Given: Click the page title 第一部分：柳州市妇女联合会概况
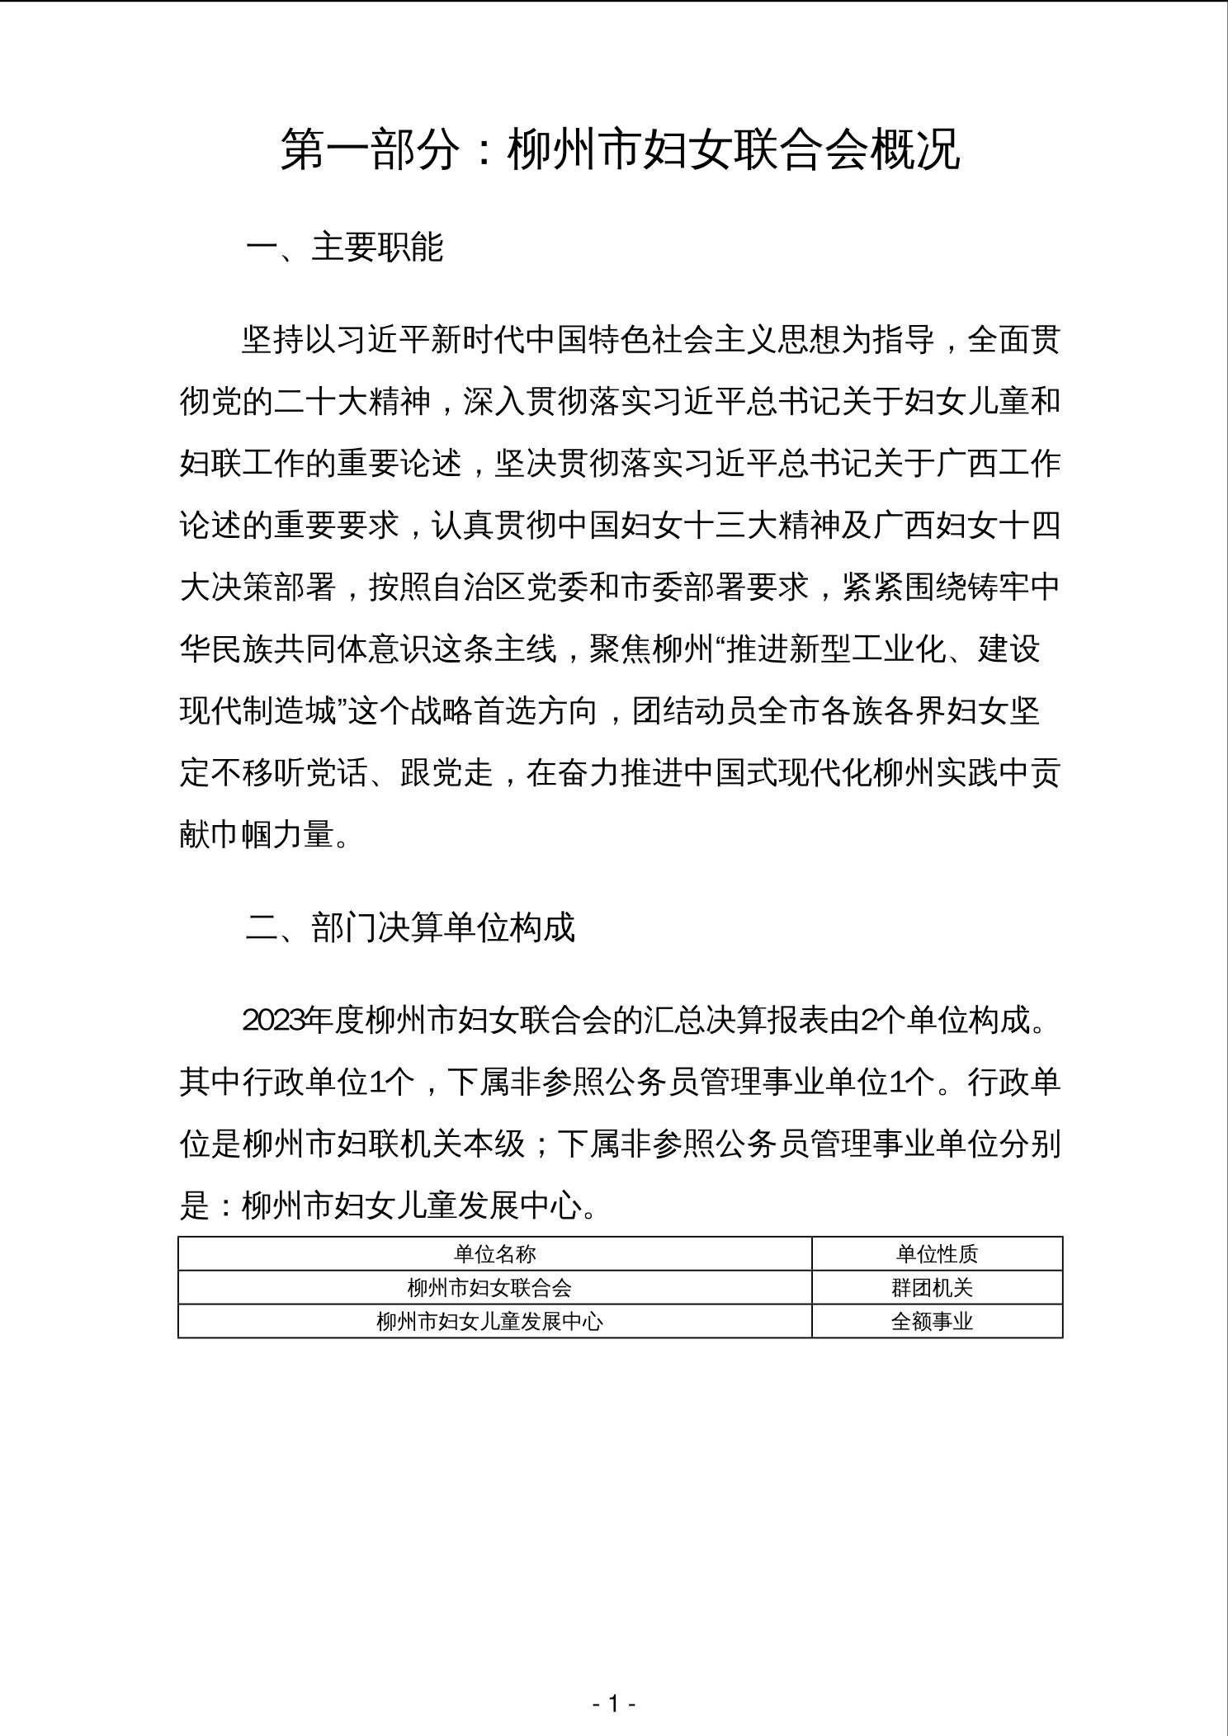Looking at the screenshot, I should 620,149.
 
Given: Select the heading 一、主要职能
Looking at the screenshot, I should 344,248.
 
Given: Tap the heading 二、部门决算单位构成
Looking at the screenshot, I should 409,927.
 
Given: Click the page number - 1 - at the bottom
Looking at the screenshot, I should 613,1702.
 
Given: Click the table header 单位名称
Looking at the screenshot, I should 494,1254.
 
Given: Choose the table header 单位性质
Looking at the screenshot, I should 937,1254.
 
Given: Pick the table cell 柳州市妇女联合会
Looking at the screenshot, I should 489,1287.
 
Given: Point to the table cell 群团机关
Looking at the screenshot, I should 933,1287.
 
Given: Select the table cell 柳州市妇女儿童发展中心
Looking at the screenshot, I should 489,1321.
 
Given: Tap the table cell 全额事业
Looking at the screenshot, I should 933,1321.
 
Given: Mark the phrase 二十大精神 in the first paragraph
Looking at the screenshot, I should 353,403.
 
